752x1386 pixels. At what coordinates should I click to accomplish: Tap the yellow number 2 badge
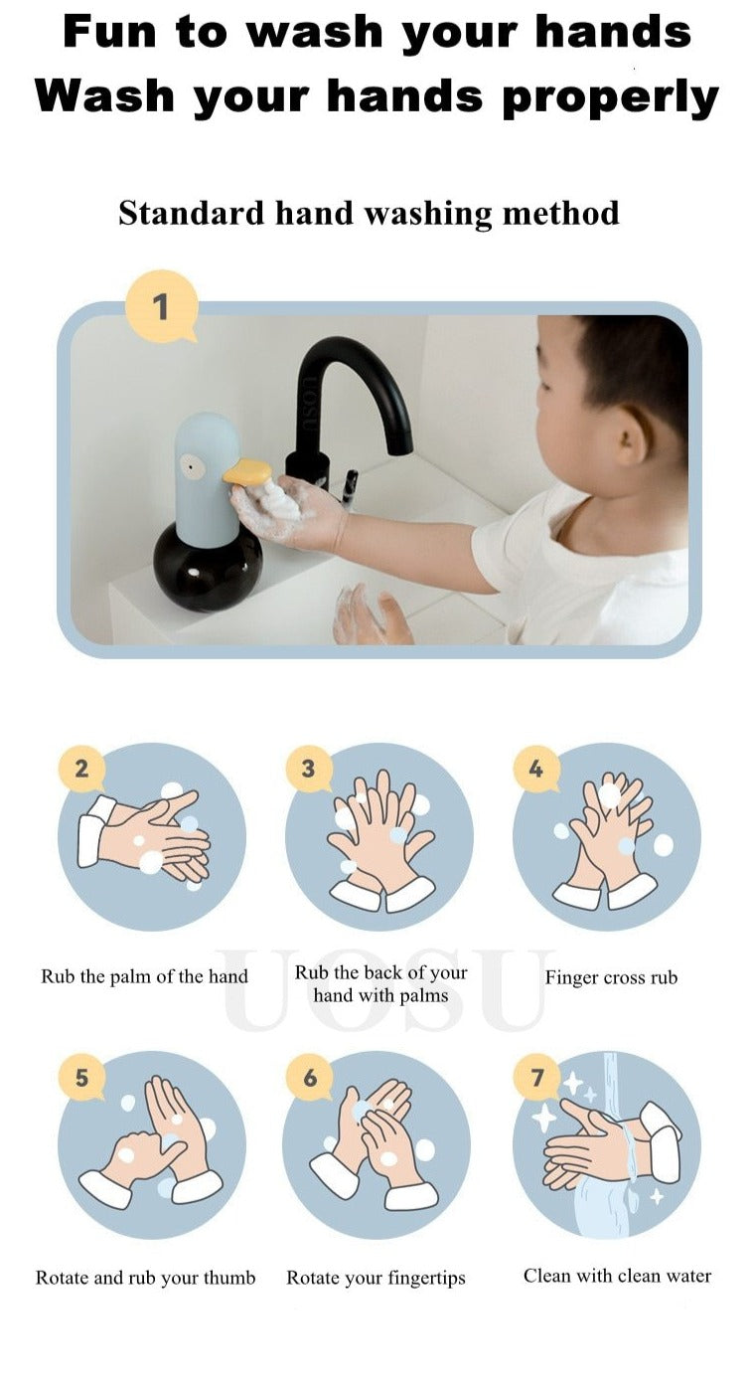point(81,770)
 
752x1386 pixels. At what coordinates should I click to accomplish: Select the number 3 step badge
point(308,770)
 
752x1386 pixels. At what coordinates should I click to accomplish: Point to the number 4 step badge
point(536,770)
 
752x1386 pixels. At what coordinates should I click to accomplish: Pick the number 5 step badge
point(81,1077)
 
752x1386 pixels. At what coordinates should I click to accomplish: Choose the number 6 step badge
point(309,1077)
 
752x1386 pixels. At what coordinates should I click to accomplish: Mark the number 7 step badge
point(536,1077)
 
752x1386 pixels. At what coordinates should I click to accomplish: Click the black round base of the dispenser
point(208,567)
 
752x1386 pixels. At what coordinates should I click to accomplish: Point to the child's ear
point(630,434)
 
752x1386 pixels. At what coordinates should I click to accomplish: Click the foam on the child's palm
point(282,500)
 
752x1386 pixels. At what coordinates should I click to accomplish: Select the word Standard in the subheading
point(191,213)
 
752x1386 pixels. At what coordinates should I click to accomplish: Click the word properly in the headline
point(610,98)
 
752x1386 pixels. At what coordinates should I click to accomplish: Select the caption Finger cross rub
point(611,977)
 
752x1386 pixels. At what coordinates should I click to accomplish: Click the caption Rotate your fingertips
point(376,1279)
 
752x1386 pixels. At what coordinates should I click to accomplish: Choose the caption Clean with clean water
point(617,1276)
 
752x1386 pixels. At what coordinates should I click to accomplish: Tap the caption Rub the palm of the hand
point(144,976)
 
